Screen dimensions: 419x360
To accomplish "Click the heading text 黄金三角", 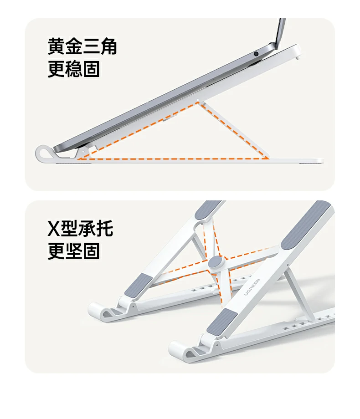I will point(82,46).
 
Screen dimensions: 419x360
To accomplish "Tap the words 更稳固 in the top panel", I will point(73,69).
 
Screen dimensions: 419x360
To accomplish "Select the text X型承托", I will point(80,229).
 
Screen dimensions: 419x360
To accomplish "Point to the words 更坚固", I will point(73,251).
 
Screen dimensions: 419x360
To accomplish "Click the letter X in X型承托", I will point(54,229).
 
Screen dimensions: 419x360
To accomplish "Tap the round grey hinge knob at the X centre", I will point(216,263).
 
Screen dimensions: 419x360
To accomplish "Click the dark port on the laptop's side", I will point(257,53).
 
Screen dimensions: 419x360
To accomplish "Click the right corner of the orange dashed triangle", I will point(269,158).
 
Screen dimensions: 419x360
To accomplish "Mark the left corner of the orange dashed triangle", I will point(78,158).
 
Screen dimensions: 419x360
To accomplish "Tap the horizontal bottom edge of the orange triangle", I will point(173,159).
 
